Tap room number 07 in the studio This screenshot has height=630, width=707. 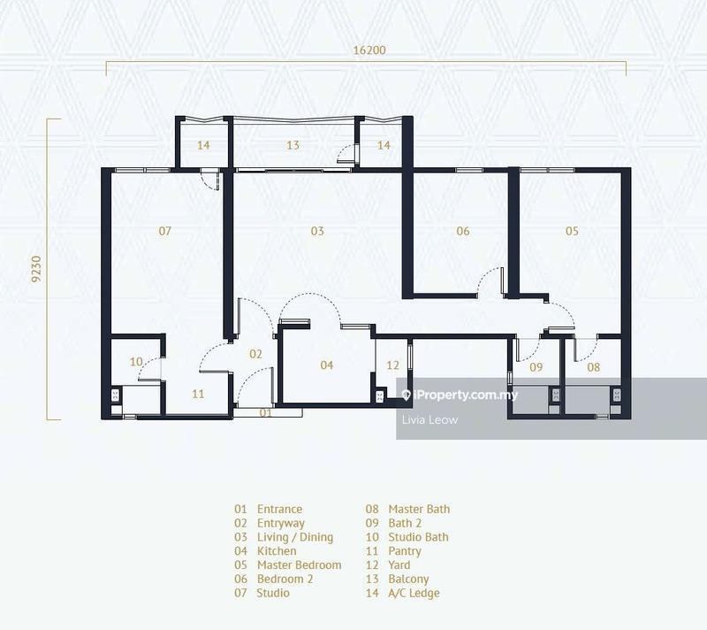[164, 231]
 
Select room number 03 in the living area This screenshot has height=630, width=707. [316, 231]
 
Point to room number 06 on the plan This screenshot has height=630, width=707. [462, 231]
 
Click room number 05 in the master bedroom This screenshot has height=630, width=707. [572, 231]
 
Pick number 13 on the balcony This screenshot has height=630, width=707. [293, 145]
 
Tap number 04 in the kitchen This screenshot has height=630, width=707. [326, 365]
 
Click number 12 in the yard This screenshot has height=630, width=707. [392, 365]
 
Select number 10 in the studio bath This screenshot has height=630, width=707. [136, 361]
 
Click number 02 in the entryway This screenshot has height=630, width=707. [255, 354]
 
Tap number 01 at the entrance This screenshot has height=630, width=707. [266, 412]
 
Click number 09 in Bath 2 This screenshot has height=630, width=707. [536, 366]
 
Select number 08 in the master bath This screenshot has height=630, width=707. [593, 366]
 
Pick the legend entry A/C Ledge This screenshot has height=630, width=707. [414, 593]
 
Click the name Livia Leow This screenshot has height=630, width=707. [430, 420]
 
